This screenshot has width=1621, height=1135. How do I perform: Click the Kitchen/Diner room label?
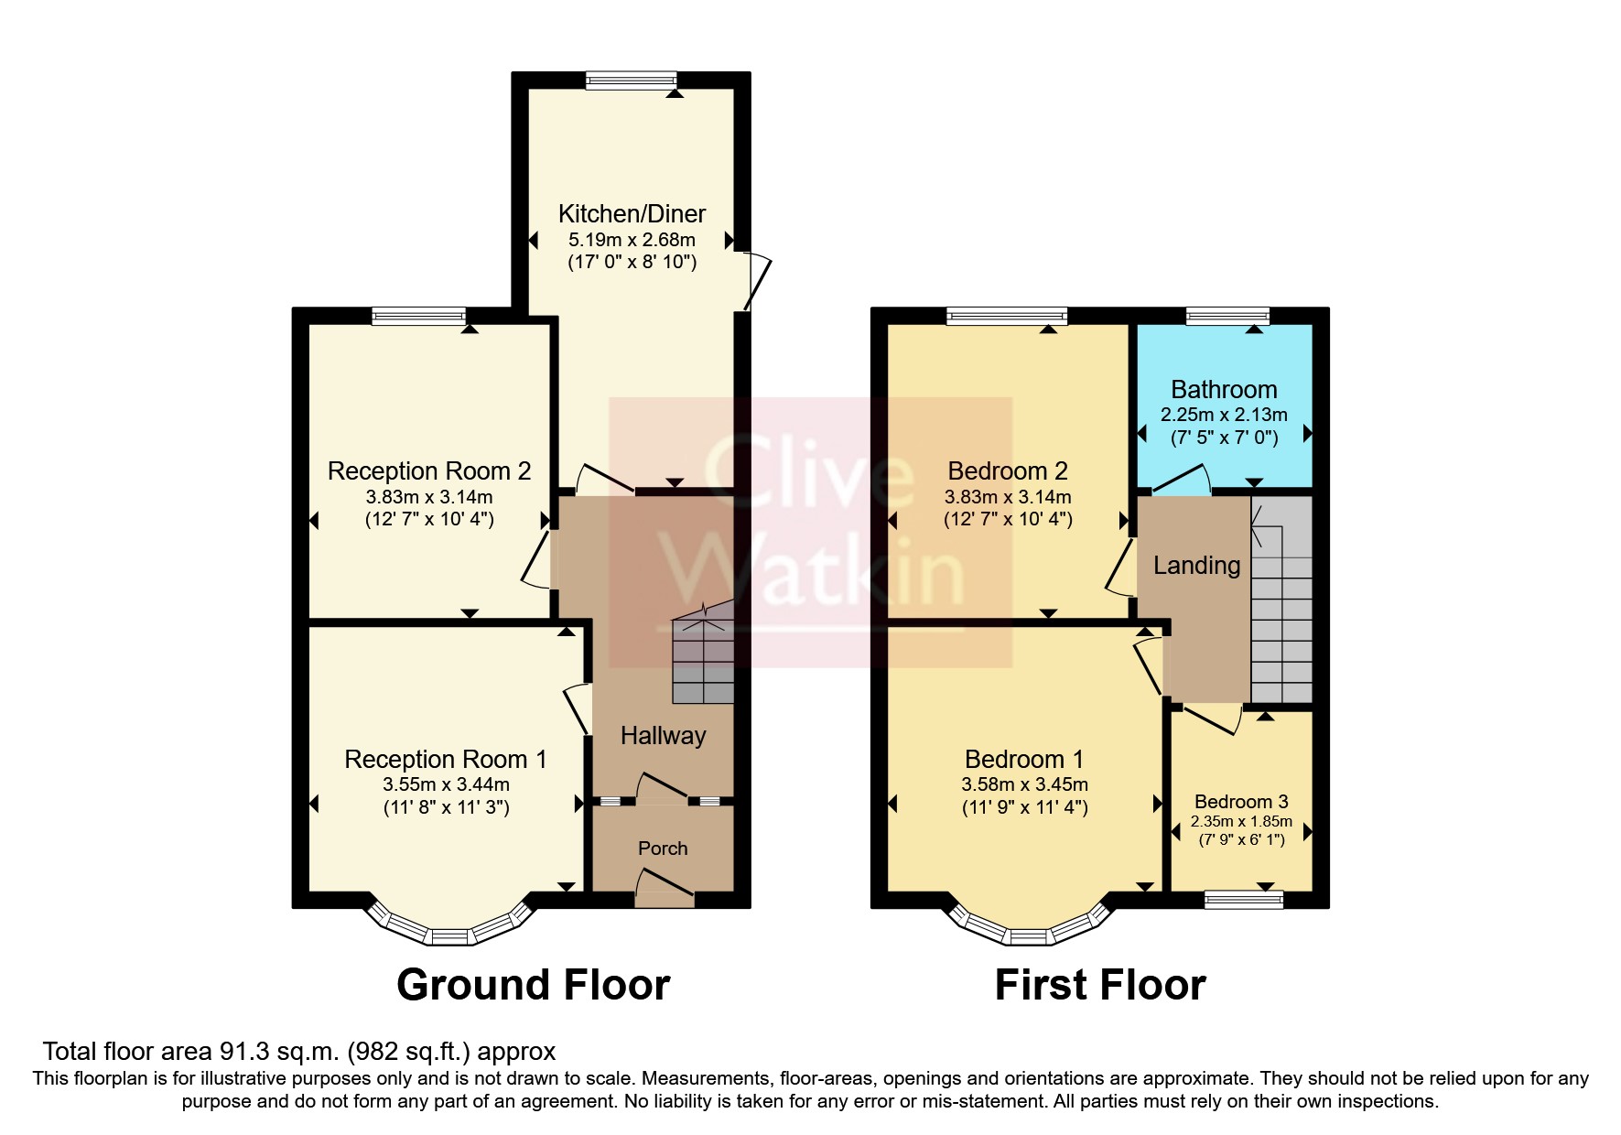632,214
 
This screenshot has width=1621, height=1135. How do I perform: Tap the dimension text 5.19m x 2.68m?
632,240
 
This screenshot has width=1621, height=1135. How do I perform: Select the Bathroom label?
1224,390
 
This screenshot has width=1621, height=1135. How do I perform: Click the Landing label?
1196,566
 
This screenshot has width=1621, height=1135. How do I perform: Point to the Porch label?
663,849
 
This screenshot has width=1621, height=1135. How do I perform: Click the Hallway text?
663,736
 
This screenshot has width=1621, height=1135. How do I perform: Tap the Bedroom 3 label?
1241,802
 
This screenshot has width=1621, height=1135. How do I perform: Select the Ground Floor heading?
533,985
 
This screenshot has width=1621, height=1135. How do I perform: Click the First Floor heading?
1099,985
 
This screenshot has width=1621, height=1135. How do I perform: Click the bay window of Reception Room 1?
448,932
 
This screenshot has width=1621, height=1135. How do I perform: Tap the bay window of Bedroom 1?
1030,932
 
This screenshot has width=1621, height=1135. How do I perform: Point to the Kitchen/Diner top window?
632,81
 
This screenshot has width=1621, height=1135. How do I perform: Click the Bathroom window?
1227,317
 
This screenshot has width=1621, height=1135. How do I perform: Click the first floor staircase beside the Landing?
1281,604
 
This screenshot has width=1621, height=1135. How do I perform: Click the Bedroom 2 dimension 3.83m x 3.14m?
1008,497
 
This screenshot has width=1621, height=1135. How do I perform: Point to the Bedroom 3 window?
1244,901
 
